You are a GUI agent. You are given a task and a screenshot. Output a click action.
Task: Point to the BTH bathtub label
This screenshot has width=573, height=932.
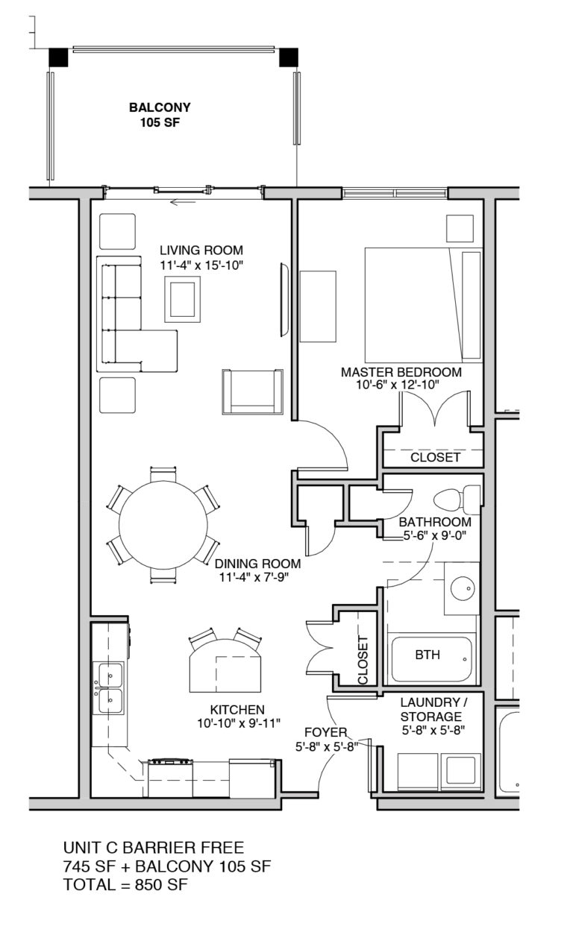428,655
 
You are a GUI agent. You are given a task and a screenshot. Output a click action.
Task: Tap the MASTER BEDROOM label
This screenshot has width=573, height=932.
401,371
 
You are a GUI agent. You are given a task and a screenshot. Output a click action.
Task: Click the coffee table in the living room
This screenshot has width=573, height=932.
184,299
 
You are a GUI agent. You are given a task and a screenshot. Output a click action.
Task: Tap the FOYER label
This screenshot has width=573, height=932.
325,732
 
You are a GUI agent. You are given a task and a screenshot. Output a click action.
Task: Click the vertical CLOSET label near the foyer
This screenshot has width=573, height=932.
363,661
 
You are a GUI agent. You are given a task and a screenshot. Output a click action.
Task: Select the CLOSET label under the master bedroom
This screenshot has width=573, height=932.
435,457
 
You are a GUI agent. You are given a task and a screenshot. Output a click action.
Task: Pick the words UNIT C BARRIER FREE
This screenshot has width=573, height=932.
154,847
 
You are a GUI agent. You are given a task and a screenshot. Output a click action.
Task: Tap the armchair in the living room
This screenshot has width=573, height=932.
252,391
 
